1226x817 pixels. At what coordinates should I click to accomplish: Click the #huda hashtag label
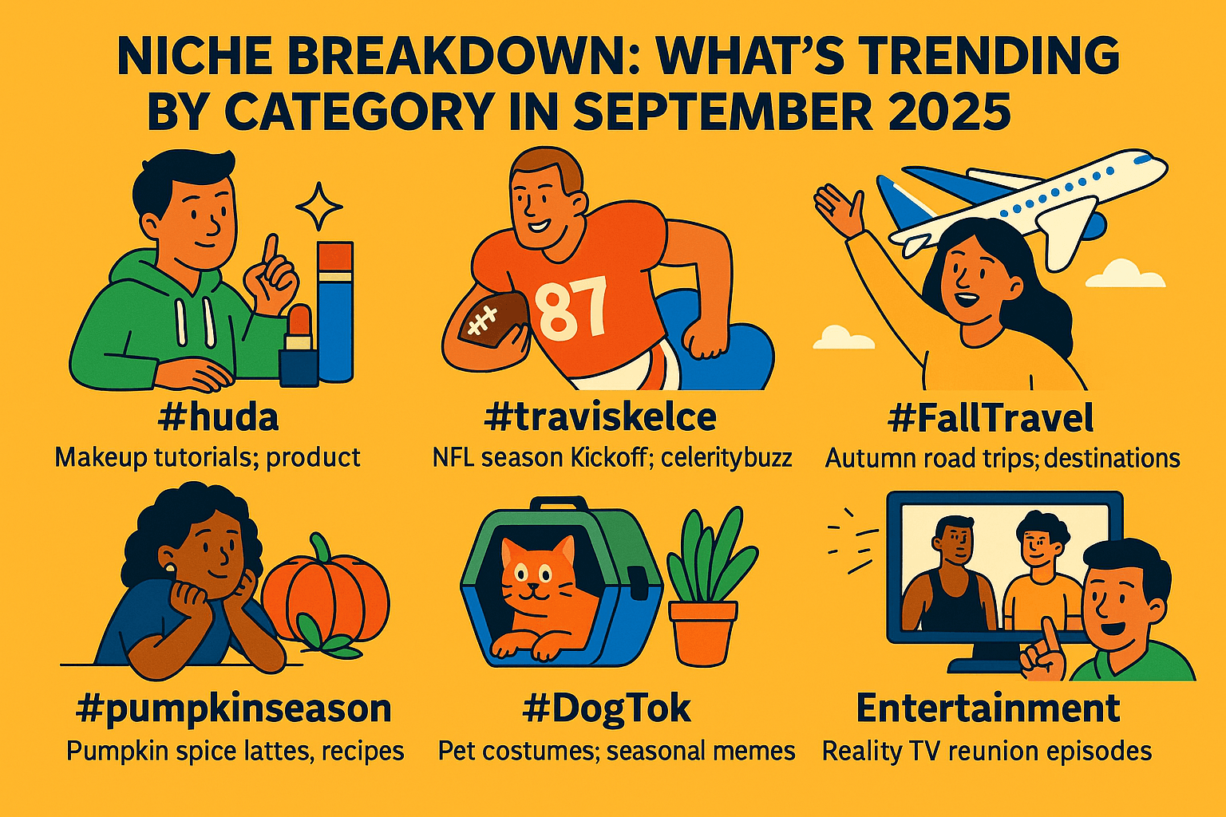point(218,418)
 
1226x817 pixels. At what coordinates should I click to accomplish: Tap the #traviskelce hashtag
point(600,417)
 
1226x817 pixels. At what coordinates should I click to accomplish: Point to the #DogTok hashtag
point(607,709)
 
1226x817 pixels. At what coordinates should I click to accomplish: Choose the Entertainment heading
point(988,708)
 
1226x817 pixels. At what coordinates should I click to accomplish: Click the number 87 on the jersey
point(571,306)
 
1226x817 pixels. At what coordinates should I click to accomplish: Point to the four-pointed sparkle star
point(319,207)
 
